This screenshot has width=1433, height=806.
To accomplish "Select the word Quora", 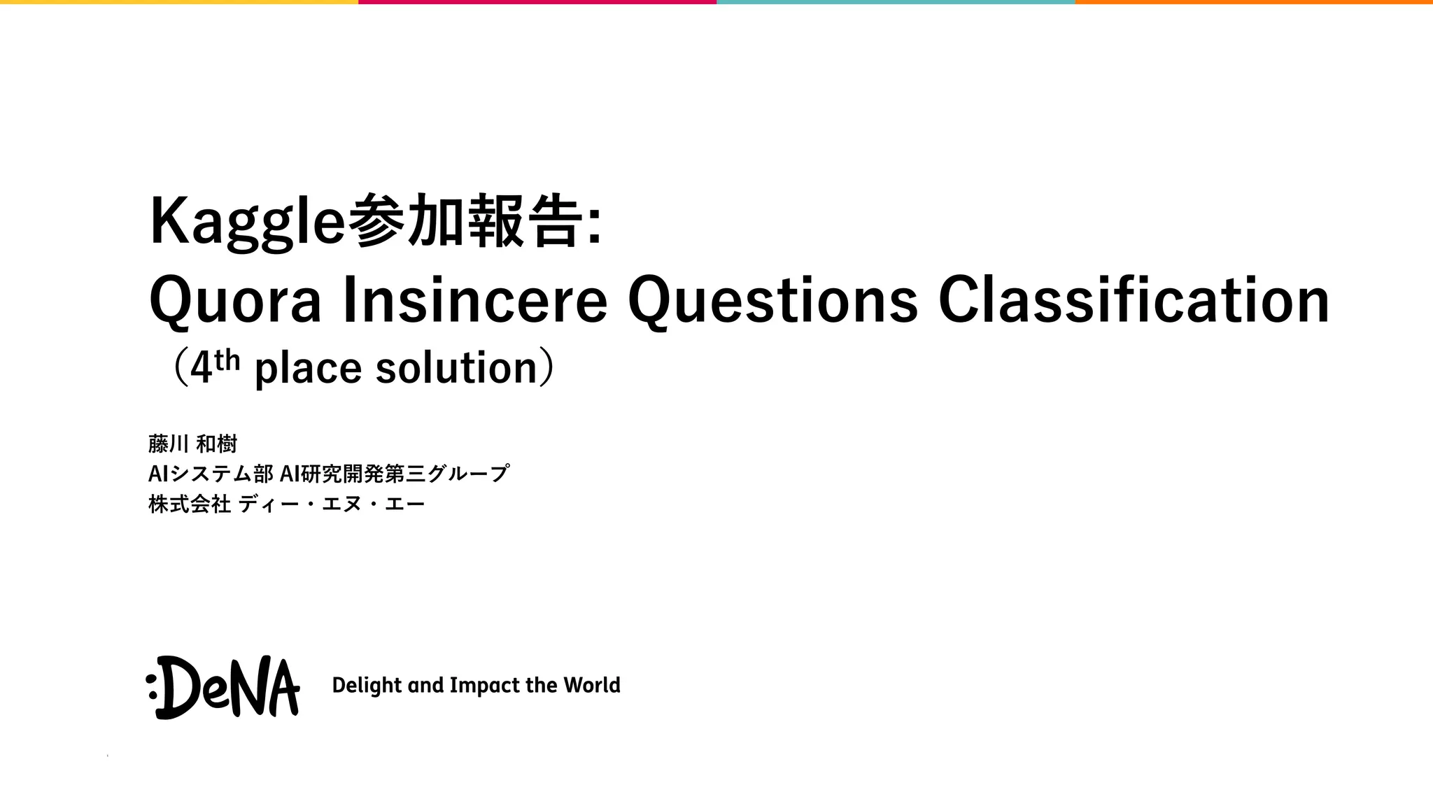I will pyautogui.click(x=235, y=301).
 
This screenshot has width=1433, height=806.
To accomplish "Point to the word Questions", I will pyautogui.click(x=772, y=301).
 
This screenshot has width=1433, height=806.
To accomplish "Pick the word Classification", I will pyautogui.click(x=1133, y=301).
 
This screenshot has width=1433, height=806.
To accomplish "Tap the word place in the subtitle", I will pyautogui.click(x=308, y=368).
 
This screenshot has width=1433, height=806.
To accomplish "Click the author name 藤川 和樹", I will pyautogui.click(x=193, y=444).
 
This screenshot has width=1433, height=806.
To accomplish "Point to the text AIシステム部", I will pyautogui.click(x=211, y=474).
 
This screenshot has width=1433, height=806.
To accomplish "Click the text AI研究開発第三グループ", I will pyautogui.click(x=395, y=474).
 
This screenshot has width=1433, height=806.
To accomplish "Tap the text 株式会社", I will pyautogui.click(x=190, y=504).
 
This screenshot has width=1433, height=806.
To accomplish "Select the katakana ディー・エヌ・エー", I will pyautogui.click(x=332, y=504).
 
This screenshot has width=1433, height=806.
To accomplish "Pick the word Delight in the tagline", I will pyautogui.click(x=367, y=685).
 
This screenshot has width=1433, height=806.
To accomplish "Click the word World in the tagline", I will pyautogui.click(x=592, y=685).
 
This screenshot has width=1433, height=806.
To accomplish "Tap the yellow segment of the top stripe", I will pyautogui.click(x=179, y=2).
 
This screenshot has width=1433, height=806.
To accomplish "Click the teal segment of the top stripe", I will pyautogui.click(x=896, y=2).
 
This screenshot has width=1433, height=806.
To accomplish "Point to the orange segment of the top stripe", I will pyautogui.click(x=1254, y=2).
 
